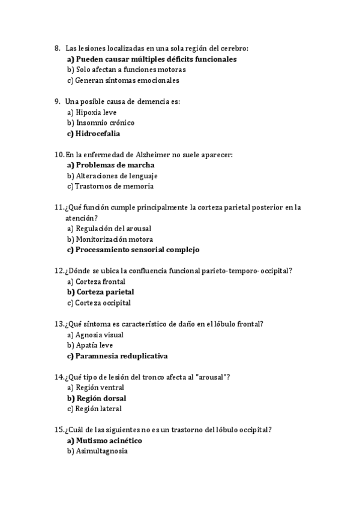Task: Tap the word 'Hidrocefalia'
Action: click(98, 133)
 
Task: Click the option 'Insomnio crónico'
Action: click(105, 122)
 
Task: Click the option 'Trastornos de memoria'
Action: click(114, 186)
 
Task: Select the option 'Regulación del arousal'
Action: click(113, 229)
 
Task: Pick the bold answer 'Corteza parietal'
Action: click(104, 292)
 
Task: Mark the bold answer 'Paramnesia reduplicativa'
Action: click(122, 356)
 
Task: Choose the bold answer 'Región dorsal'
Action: click(101, 398)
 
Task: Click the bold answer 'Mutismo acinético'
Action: click(109, 441)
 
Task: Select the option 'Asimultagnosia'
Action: click(101, 451)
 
